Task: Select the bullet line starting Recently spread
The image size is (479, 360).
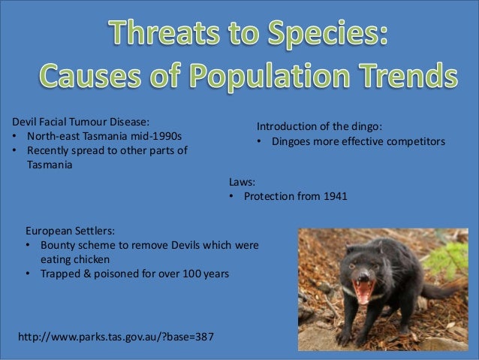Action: tap(106, 151)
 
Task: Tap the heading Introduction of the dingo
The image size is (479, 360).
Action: tap(324, 126)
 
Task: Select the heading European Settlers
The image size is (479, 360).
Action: tap(71, 230)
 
